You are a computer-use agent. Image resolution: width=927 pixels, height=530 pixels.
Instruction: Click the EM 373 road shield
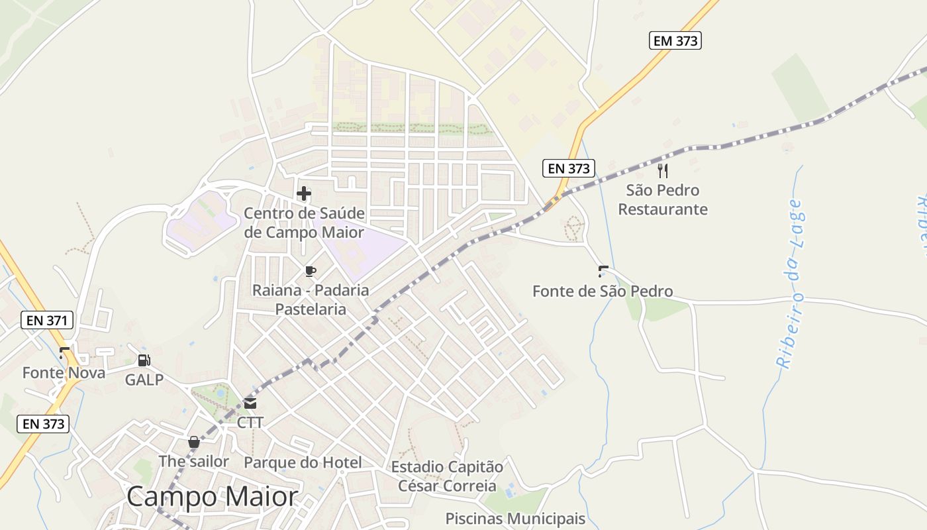[675, 41]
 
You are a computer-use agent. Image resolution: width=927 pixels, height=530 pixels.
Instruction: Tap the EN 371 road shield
[46, 321]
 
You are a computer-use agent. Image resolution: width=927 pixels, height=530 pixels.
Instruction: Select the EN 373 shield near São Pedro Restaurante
[569, 168]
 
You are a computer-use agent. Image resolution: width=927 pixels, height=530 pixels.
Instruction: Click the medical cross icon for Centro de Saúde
[304, 193]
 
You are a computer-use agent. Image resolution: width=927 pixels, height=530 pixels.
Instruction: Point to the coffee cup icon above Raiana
[310, 271]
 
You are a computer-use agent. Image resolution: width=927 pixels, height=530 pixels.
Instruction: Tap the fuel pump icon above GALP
[144, 360]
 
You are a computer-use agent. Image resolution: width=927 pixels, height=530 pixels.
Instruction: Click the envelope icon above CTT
[250, 403]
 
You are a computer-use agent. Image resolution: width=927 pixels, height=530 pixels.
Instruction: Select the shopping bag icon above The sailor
[194, 442]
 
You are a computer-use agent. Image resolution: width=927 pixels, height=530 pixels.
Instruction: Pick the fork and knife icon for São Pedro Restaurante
[663, 171]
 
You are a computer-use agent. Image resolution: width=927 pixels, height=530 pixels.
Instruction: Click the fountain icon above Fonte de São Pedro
[603, 271]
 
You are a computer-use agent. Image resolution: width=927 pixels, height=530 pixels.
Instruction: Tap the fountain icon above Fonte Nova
[64, 353]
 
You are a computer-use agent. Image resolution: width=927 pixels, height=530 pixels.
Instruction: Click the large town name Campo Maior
[212, 496]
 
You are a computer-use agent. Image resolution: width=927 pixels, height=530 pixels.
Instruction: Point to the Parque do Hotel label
[303, 462]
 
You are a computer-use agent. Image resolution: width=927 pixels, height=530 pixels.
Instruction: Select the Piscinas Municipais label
[515, 518]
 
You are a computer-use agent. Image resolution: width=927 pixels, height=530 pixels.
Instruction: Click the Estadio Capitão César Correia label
[447, 476]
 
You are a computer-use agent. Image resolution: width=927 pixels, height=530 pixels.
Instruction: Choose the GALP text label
[144, 380]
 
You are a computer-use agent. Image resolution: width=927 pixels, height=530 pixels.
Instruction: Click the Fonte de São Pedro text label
[603, 291]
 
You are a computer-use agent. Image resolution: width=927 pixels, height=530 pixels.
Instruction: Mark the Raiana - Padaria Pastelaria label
[311, 299]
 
